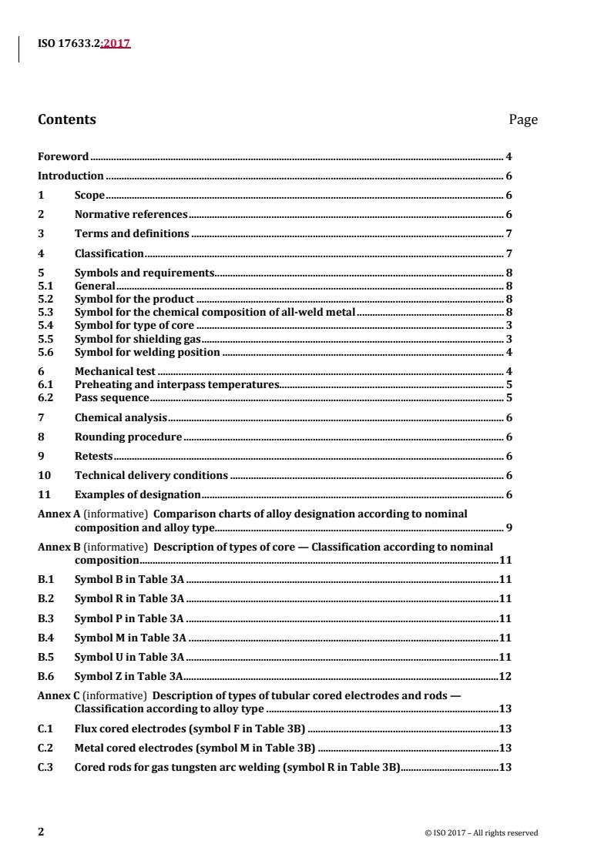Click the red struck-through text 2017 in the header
(x=116, y=44)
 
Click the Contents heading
(x=67, y=119)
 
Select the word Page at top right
(x=523, y=119)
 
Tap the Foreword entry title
(x=63, y=156)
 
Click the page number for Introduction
(x=509, y=176)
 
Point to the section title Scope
(x=89, y=196)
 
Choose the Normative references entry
(x=130, y=215)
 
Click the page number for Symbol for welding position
(x=509, y=353)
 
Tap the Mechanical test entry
(x=113, y=371)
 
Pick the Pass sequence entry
(x=112, y=398)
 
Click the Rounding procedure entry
(x=128, y=437)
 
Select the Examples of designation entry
(x=137, y=494)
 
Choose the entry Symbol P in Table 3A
(x=129, y=618)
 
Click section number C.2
(x=45, y=747)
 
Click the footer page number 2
(x=41, y=832)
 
